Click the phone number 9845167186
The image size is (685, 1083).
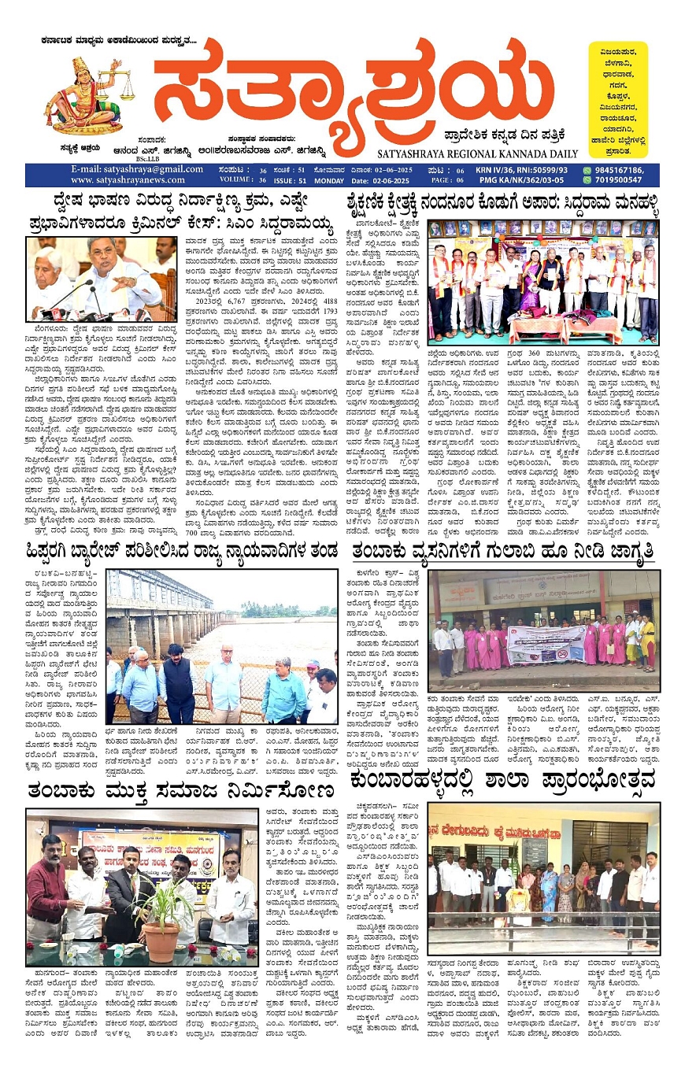[618, 170]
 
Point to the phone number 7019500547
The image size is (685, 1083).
[618, 180]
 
